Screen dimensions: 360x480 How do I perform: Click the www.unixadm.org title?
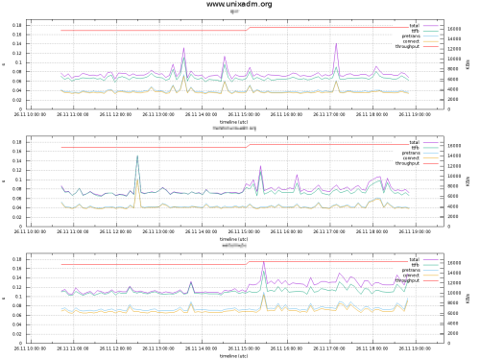pyautogui.click(x=239, y=5)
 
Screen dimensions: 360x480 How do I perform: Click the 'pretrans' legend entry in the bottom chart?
pyautogui.click(x=410, y=271)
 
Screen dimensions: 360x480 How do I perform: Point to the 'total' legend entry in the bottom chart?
pyautogui.click(x=414, y=259)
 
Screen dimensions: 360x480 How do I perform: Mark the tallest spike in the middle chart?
pyautogui.click(x=137, y=156)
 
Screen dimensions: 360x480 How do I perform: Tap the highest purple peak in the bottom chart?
pyautogui.click(x=264, y=261)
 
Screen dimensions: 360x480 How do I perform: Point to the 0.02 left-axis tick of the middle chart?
pyautogui.click(x=17, y=217)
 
